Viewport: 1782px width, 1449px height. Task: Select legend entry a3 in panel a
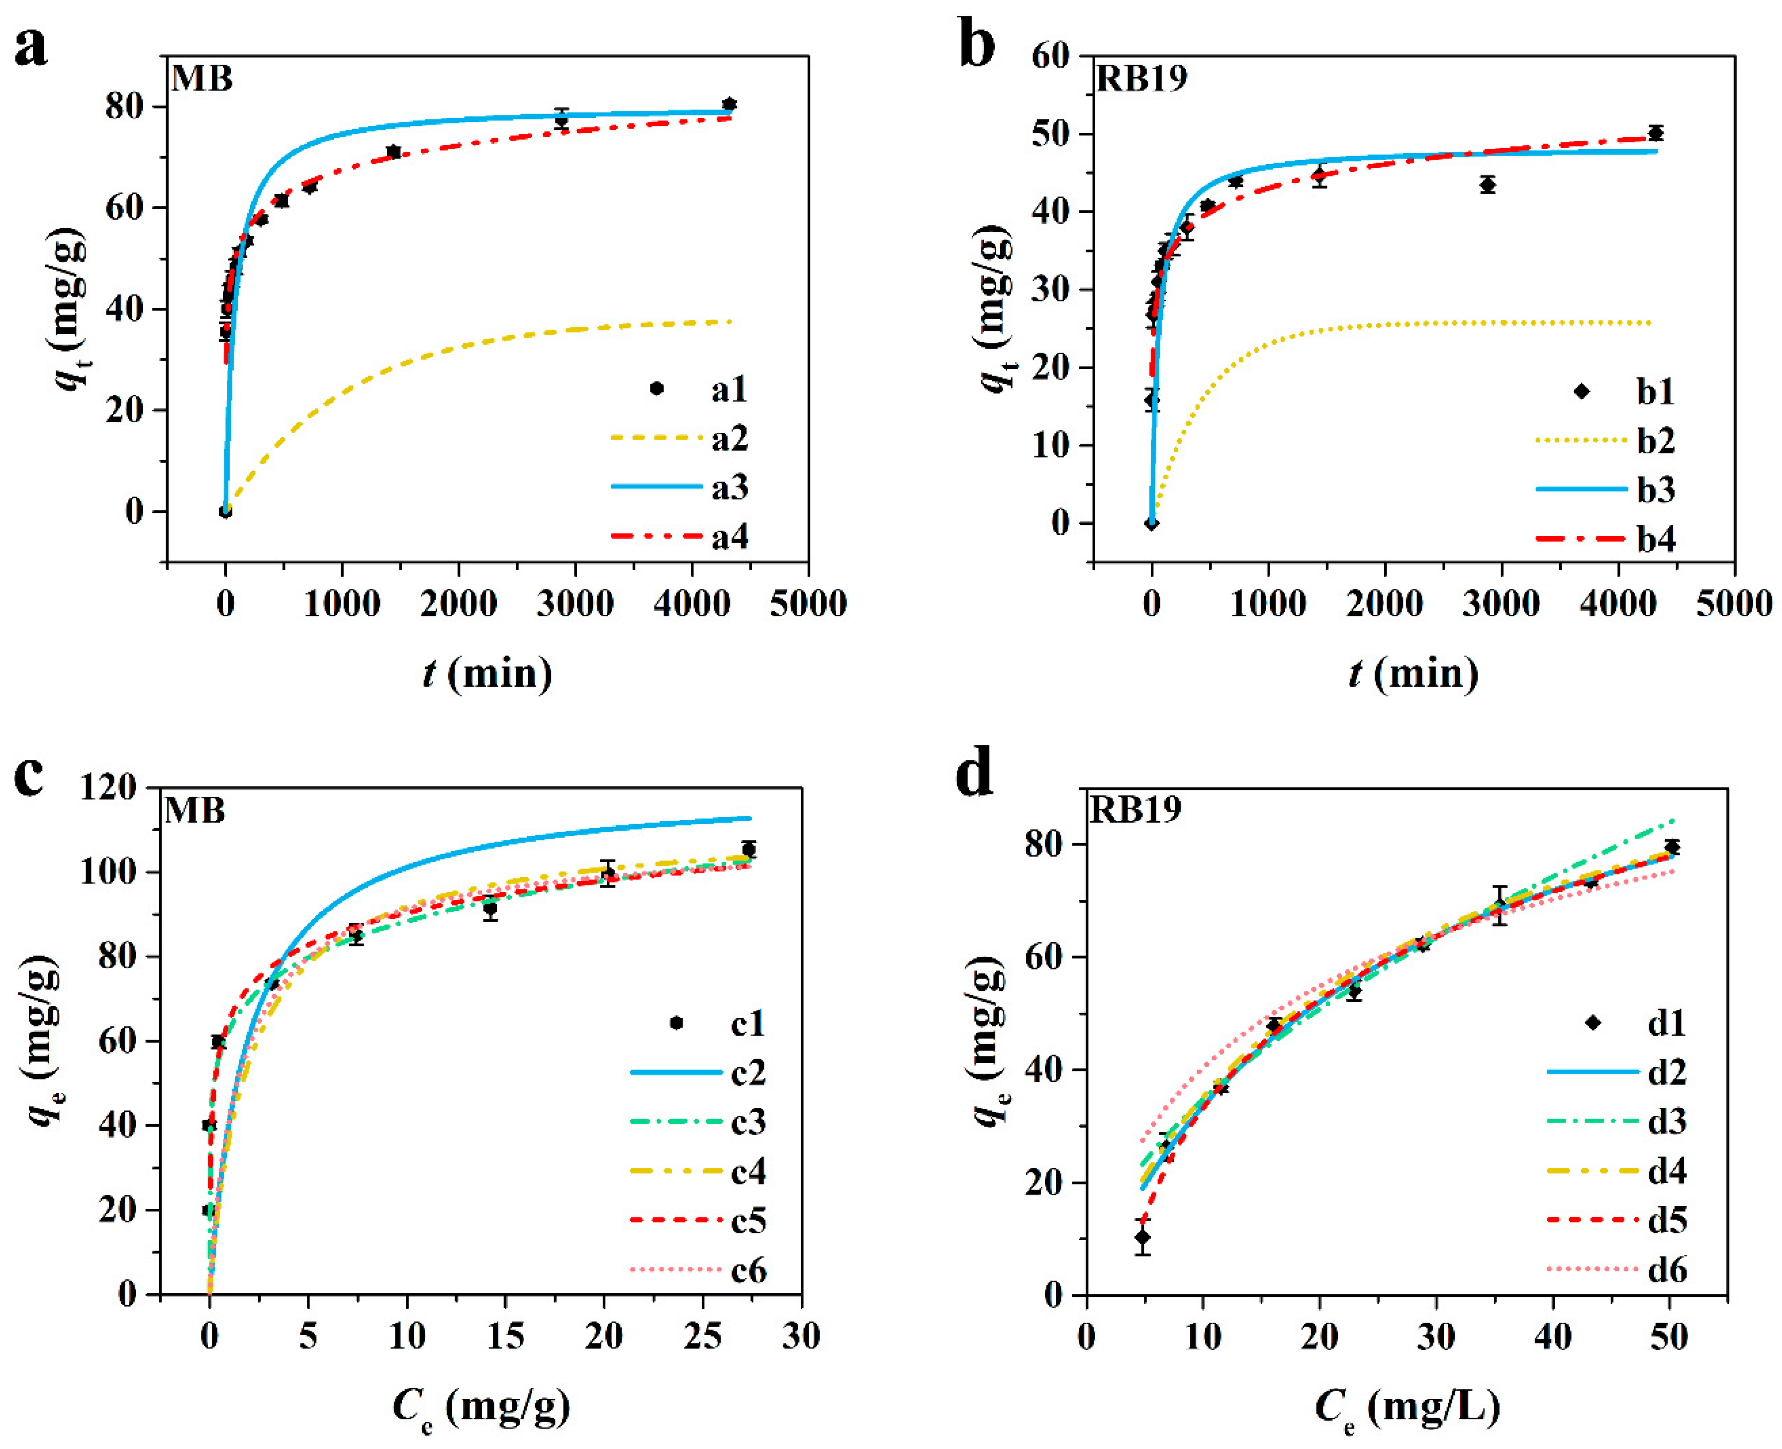729,487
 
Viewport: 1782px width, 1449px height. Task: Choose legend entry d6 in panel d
1666,1269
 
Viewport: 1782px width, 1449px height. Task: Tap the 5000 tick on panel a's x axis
807,603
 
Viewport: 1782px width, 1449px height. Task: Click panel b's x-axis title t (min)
1412,673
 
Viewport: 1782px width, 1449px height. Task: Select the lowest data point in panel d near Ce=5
1142,1237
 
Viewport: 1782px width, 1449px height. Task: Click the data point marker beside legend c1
676,1023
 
